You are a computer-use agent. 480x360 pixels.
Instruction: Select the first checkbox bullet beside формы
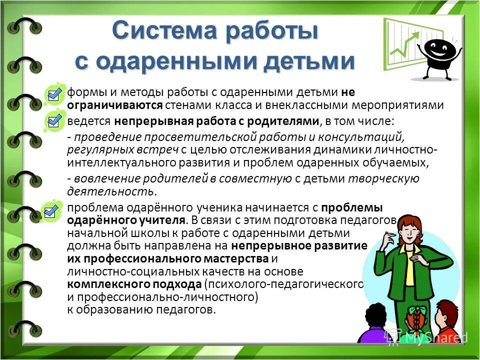[53, 93]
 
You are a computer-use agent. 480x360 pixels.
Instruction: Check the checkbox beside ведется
[53, 120]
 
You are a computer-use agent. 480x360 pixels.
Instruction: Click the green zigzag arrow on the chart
[405, 45]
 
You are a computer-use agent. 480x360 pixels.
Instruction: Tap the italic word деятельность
[110, 191]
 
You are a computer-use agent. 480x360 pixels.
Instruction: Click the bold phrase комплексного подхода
[134, 284]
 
